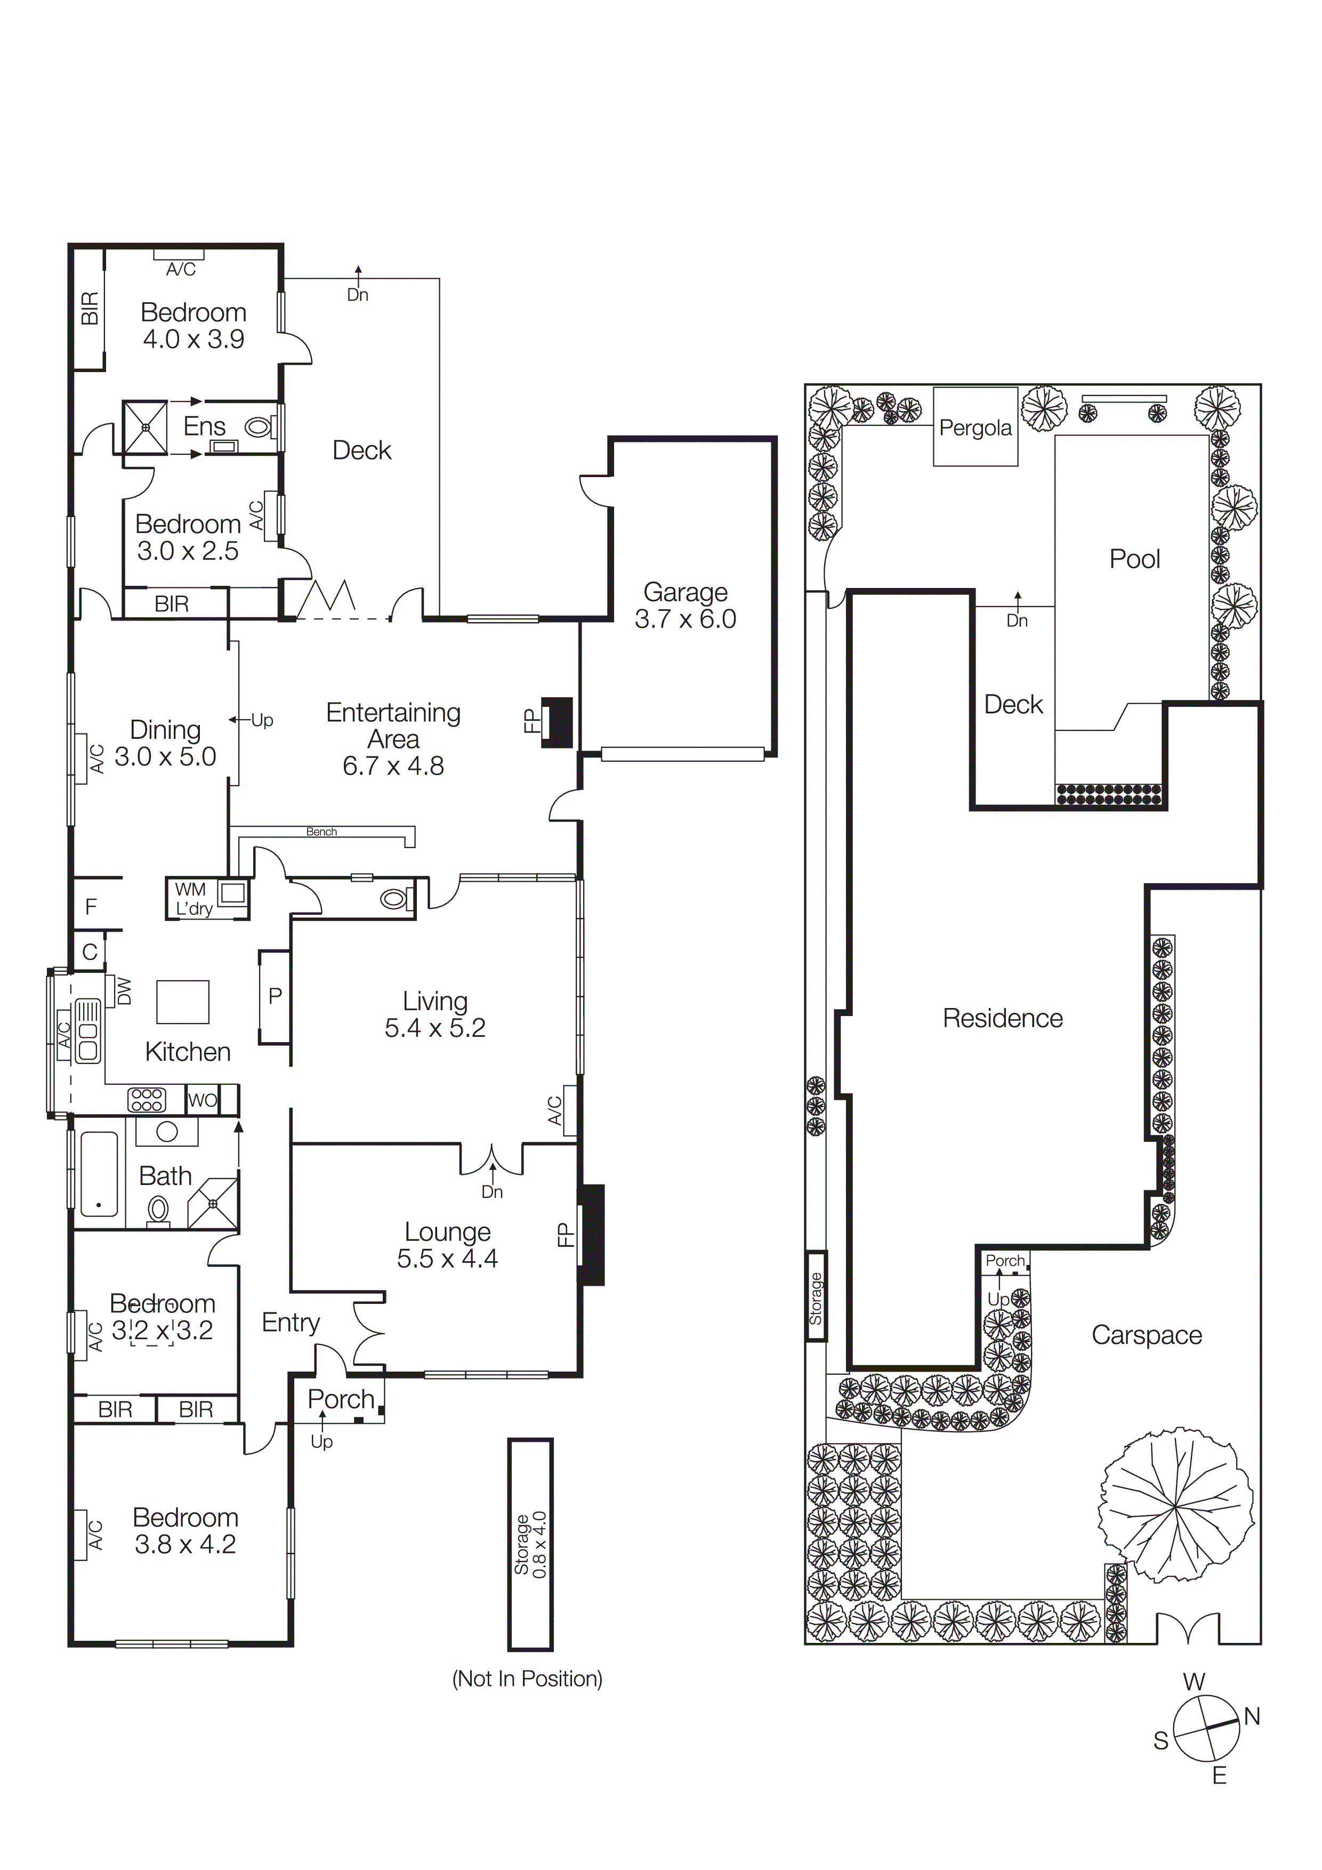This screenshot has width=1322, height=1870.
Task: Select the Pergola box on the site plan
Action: pos(975,428)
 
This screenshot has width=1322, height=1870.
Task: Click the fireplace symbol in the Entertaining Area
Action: pos(558,722)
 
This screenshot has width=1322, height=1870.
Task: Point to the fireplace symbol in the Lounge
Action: pos(591,1235)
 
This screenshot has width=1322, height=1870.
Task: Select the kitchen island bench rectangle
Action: pos(182,1001)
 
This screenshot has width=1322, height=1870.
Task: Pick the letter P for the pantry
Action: pos(275,995)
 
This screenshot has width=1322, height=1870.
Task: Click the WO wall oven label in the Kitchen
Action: pos(202,1100)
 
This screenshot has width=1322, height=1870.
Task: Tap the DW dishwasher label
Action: pos(124,990)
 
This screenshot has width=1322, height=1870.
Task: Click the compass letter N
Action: pos(1252,1716)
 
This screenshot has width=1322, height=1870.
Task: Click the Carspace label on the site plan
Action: pos(1146,1334)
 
